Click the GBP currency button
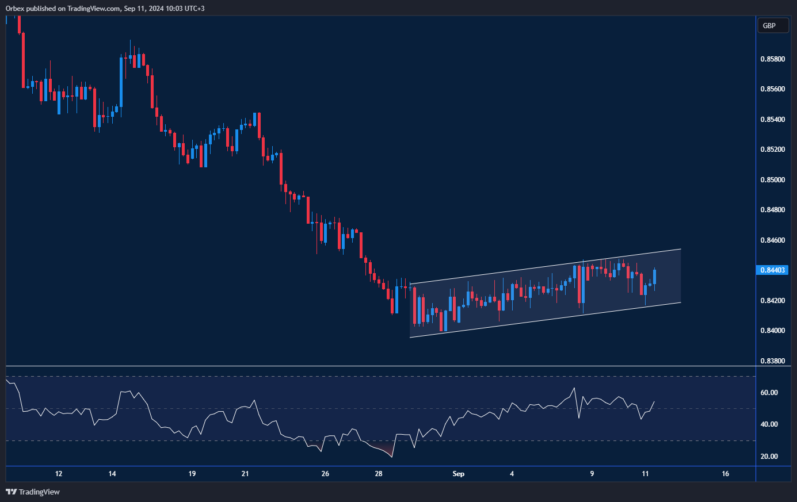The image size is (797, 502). (x=772, y=25)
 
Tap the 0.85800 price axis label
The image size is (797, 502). (x=772, y=59)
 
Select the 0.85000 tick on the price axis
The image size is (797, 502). (x=772, y=180)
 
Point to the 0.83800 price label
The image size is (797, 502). (x=772, y=361)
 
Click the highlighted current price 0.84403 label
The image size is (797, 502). (x=772, y=270)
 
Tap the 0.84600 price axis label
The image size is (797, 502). (x=772, y=240)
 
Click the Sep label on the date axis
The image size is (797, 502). (x=458, y=474)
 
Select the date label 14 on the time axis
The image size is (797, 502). (x=112, y=474)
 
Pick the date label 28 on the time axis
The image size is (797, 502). (x=379, y=474)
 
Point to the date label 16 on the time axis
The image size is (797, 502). (x=725, y=474)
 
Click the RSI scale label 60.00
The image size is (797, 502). (x=769, y=393)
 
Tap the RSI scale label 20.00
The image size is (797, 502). (x=769, y=457)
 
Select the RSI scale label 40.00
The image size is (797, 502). (x=769, y=424)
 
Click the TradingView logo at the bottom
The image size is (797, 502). (x=33, y=492)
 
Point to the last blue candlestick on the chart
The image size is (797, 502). (x=655, y=277)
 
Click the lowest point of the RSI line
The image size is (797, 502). (x=392, y=457)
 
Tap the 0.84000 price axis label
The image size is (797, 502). (x=772, y=331)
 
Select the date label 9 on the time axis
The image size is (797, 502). (x=592, y=474)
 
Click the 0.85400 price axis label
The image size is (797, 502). (x=772, y=120)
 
